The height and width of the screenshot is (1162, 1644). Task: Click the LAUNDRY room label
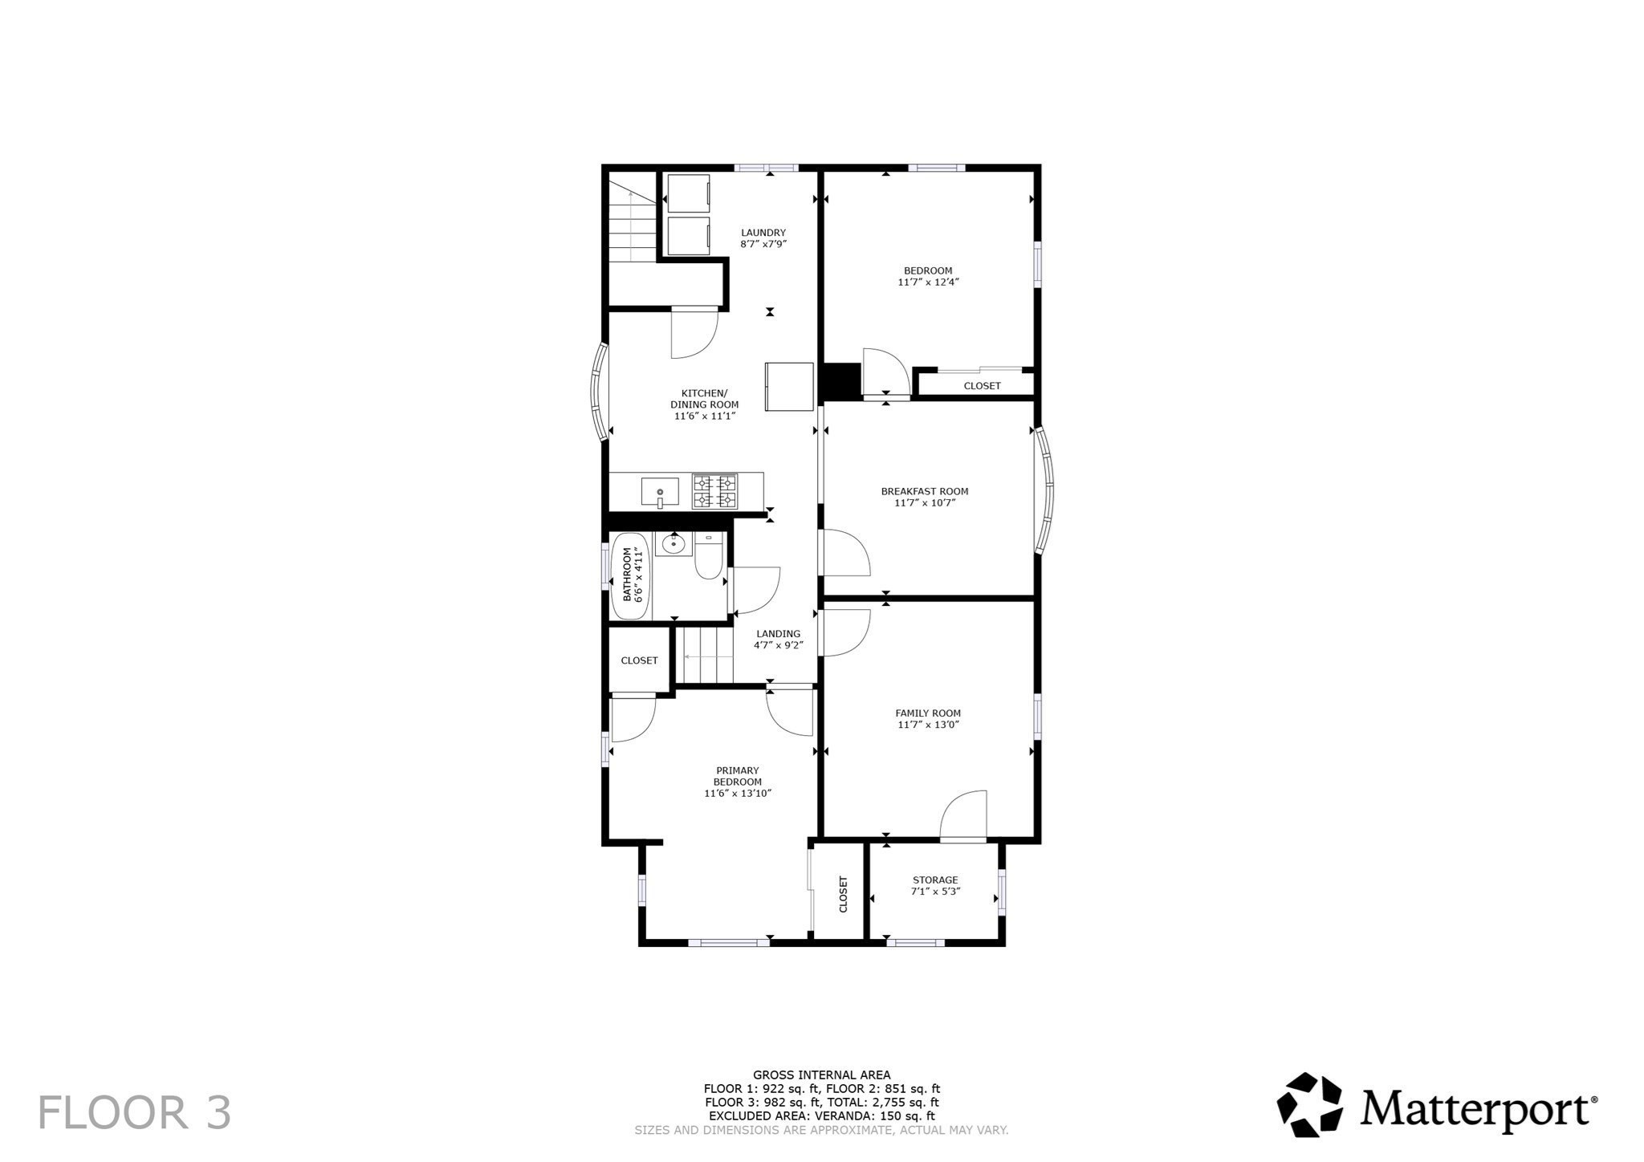pos(763,233)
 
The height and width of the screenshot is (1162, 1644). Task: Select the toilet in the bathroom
pos(709,556)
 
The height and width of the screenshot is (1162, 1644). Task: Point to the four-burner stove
pos(714,491)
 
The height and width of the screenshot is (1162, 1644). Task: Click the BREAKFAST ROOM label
pos(925,491)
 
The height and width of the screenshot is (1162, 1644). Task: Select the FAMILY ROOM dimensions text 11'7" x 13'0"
pos(928,725)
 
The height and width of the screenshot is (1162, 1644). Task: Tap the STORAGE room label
pos(935,880)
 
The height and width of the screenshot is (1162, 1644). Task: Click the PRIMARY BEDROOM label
pos(737,776)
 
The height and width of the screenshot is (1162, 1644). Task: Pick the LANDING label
pos(778,633)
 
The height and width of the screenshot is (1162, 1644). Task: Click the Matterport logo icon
pos(1309,1104)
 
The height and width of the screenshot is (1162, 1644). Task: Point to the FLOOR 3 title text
pos(135,1113)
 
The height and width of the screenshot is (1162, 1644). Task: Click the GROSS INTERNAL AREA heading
pos(821,1075)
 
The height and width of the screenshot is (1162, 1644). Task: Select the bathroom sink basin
pos(672,545)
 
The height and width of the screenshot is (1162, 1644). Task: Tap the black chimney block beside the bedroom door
pos(839,381)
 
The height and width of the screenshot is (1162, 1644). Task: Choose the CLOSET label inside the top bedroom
pos(982,386)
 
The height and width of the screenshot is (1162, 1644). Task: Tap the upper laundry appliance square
pos(689,193)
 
